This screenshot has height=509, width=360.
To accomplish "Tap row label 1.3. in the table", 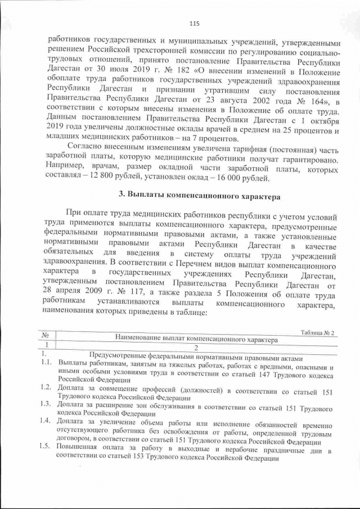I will (47, 405).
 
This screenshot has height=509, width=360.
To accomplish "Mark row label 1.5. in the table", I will (47, 447).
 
